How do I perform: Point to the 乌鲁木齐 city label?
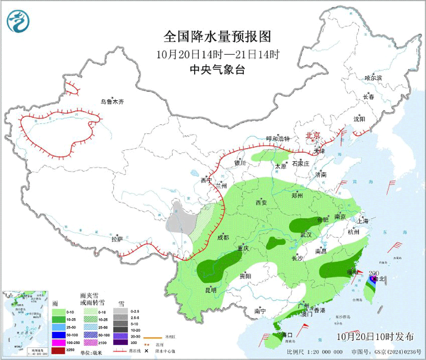(112, 102)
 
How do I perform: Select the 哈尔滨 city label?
(373, 78)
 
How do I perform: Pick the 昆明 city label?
(211, 290)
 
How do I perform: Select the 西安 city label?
(261, 203)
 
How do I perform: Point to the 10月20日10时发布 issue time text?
(375, 337)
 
